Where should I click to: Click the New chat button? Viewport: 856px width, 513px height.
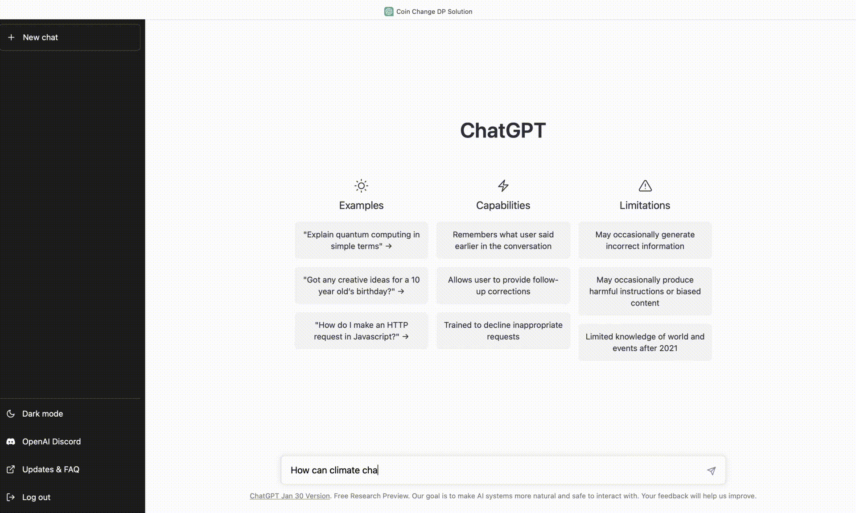pyautogui.click(x=70, y=37)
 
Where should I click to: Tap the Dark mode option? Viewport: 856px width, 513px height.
pyautogui.click(x=42, y=414)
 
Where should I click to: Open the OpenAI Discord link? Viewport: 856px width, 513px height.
pyautogui.click(x=51, y=441)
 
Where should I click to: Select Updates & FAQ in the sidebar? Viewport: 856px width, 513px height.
pyautogui.click(x=50, y=469)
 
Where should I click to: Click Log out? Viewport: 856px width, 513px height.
pyautogui.click(x=36, y=497)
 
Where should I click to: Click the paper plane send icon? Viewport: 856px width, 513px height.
pyautogui.click(x=711, y=471)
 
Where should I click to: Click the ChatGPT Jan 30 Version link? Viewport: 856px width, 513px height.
pyautogui.click(x=290, y=496)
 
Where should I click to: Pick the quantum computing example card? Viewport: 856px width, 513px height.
pyautogui.click(x=361, y=240)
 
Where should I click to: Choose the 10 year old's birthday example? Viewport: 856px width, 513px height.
pyautogui.click(x=361, y=285)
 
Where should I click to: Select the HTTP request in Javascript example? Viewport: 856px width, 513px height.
pyautogui.click(x=361, y=331)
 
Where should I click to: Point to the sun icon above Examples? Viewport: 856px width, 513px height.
pyautogui.click(x=361, y=186)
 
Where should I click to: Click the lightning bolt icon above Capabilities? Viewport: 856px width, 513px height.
pyautogui.click(x=503, y=186)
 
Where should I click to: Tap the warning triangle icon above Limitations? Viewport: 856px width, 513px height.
pyautogui.click(x=645, y=186)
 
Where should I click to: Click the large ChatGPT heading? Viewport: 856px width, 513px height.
pyautogui.click(x=503, y=130)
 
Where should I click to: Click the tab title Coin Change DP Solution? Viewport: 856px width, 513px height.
pyautogui.click(x=434, y=12)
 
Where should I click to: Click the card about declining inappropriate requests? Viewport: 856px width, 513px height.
pyautogui.click(x=503, y=331)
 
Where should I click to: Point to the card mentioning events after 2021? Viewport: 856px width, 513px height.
pyautogui.click(x=645, y=342)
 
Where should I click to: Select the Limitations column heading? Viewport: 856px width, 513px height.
pyautogui.click(x=645, y=205)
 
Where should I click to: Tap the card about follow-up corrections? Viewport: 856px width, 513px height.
pyautogui.click(x=503, y=285)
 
